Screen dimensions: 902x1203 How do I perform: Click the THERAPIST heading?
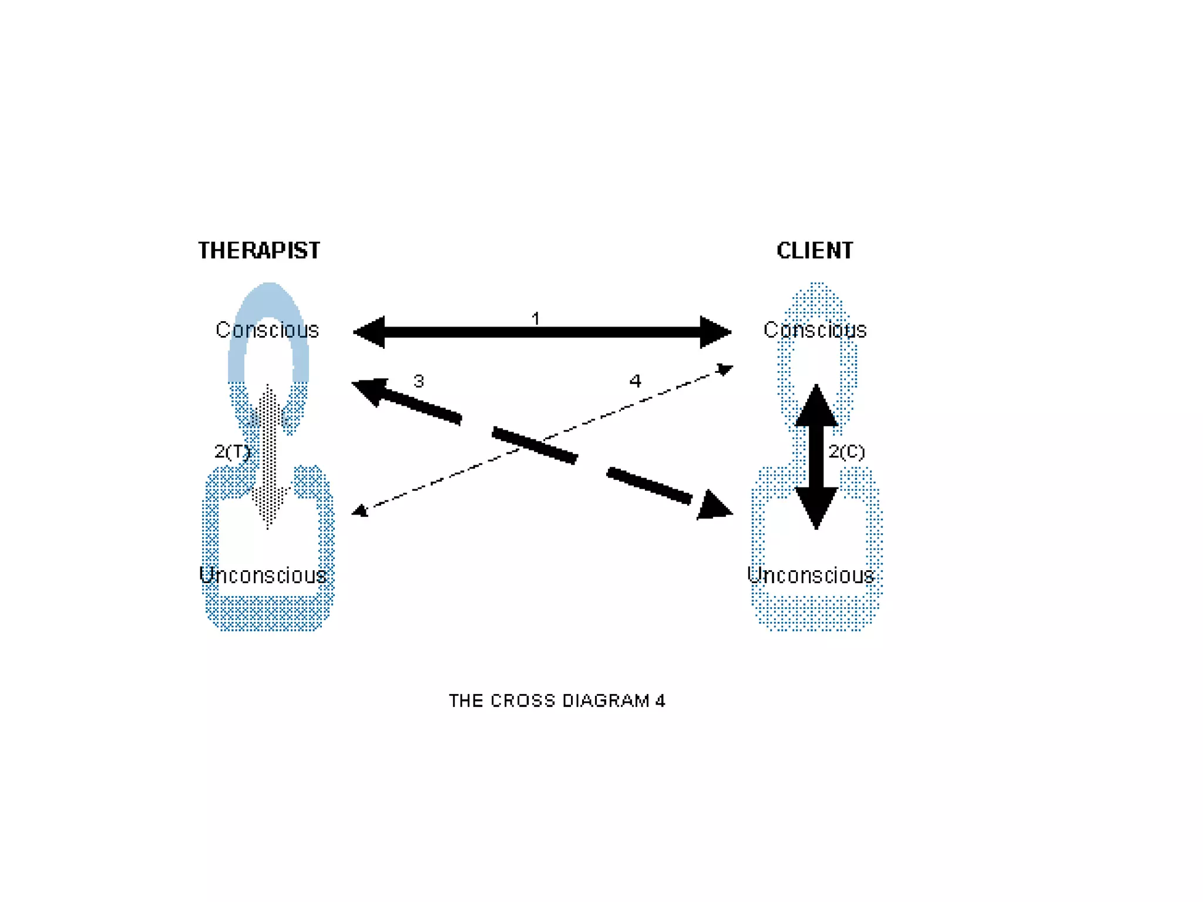click(259, 251)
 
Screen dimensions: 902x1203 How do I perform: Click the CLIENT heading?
click(815, 251)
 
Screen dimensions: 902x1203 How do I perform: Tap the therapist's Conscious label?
click(267, 330)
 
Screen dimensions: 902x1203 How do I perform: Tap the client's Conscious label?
click(815, 330)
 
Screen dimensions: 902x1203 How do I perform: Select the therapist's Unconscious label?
click(263, 575)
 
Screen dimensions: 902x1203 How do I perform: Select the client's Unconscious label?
click(811, 575)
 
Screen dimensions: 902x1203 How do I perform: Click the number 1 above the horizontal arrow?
click(535, 319)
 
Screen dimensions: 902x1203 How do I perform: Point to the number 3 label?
click(418, 382)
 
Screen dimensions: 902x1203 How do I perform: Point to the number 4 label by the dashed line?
click(635, 382)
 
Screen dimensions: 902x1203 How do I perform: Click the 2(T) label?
click(233, 452)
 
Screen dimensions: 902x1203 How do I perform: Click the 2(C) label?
click(846, 452)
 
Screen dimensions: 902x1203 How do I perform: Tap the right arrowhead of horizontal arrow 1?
click(714, 332)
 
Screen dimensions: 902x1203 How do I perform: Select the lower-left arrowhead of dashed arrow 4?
click(360, 511)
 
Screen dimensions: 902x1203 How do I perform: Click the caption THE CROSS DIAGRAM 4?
click(557, 701)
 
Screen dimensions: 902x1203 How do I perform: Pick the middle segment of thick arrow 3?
click(535, 445)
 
